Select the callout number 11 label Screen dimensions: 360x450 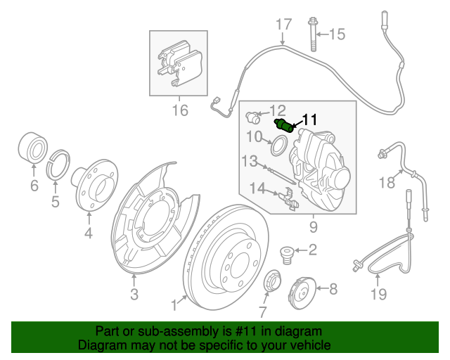click(x=310, y=120)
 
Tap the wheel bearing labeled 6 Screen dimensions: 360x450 click(x=32, y=147)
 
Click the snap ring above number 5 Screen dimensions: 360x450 click(x=60, y=166)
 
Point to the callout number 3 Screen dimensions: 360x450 click(x=134, y=293)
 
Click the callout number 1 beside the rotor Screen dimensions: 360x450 click(x=174, y=305)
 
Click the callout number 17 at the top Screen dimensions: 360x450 click(x=282, y=25)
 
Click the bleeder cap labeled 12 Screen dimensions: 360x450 click(x=256, y=114)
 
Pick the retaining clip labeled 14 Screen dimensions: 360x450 click(x=290, y=199)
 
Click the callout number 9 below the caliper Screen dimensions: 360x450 click(x=313, y=227)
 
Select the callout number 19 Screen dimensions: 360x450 click(x=378, y=294)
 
